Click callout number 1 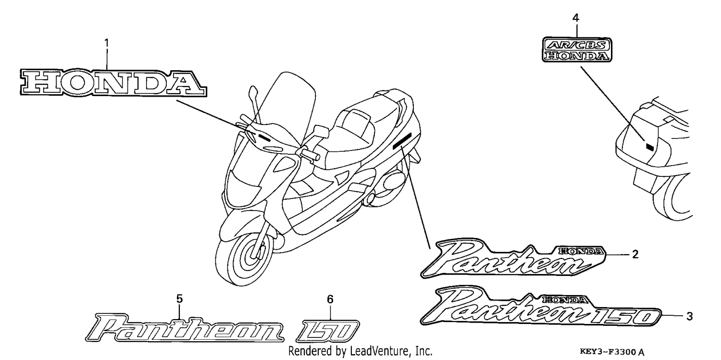point(107,42)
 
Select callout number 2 point(635,254)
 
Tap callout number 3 point(689,316)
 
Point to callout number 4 point(576,18)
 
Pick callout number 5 point(179,299)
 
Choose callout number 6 point(330,299)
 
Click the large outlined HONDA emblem point(113,83)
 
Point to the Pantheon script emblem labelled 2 point(513,258)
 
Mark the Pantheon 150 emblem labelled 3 point(541,306)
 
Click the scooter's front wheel point(245,257)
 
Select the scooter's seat point(360,129)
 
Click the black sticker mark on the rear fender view point(649,147)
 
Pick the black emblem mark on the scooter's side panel point(402,141)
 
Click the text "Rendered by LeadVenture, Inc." point(360,351)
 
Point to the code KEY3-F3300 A point(612,351)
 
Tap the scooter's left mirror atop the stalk point(253,92)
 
